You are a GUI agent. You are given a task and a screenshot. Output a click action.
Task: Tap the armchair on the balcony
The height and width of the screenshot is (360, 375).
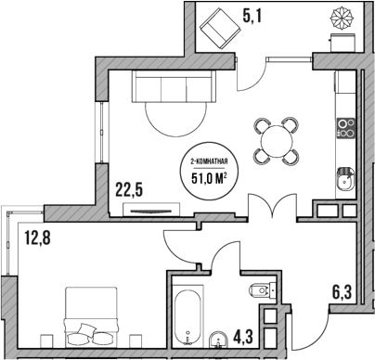(x=219, y=27)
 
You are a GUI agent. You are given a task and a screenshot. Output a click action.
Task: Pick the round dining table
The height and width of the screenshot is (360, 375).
(x=277, y=140)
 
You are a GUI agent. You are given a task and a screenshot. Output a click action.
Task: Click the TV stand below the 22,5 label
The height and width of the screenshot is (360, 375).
(x=149, y=212)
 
